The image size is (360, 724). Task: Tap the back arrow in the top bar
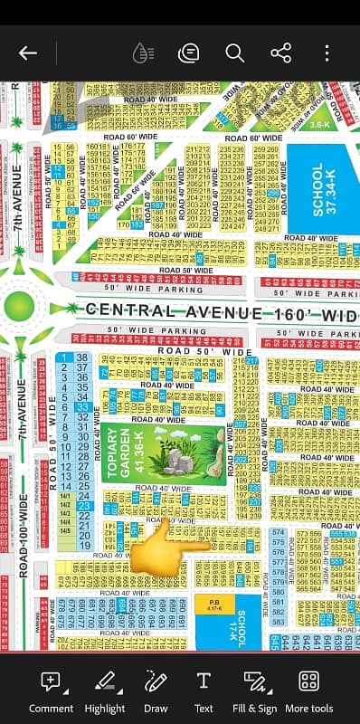point(28,52)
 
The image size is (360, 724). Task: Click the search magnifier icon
point(235,52)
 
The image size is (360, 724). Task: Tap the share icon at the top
point(280,52)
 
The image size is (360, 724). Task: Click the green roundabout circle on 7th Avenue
point(24,308)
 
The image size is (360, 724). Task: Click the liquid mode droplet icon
point(142,52)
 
